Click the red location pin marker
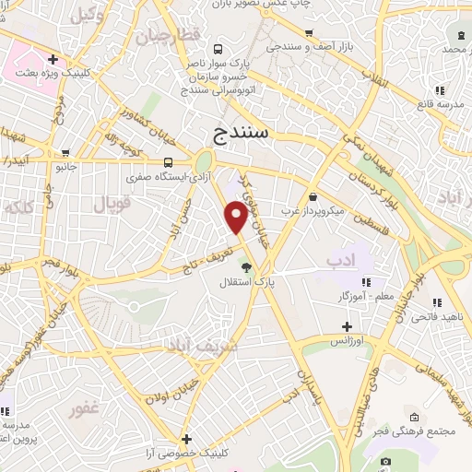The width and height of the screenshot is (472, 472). coord(236,218)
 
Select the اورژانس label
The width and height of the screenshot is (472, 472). coord(348,340)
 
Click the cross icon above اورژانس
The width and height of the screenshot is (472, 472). coord(348,325)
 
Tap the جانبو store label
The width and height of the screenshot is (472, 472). coord(64,169)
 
